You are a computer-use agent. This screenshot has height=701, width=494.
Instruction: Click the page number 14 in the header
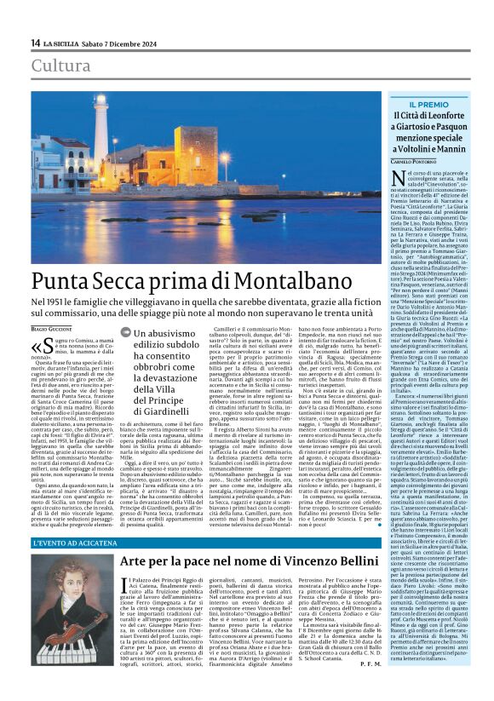pyautogui.click(x=35, y=43)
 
